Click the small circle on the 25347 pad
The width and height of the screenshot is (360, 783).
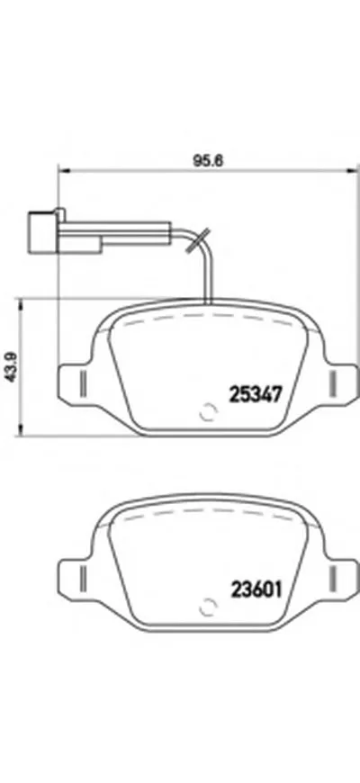207,415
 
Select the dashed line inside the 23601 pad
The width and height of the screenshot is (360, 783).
207,519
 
